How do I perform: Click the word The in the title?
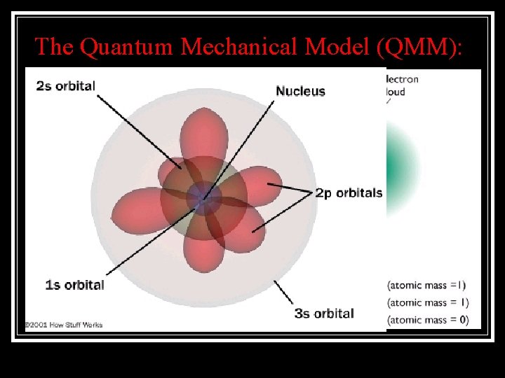55,46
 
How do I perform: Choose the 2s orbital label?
66,86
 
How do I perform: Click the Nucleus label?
300,91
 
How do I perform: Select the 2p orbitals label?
349,193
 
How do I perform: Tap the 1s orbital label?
74,285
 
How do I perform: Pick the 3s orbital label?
324,314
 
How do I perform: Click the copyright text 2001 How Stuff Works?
64,325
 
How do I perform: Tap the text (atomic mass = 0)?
427,320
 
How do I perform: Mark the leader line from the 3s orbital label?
283,293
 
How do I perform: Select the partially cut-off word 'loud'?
396,92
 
